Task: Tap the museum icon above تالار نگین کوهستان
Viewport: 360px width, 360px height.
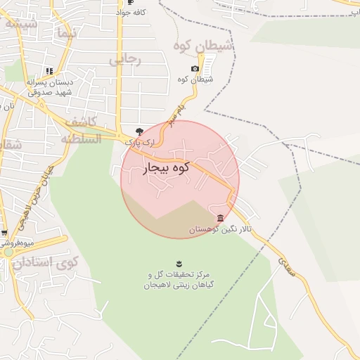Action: point(221,218)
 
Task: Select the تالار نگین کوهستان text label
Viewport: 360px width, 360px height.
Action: point(217,230)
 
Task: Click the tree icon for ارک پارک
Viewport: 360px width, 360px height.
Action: point(139,131)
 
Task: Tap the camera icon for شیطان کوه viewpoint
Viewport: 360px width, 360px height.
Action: point(195,69)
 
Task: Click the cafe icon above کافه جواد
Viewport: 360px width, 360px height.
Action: point(130,2)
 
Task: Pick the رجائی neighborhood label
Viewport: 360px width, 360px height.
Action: point(125,60)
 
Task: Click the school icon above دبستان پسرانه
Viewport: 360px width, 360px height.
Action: point(49,71)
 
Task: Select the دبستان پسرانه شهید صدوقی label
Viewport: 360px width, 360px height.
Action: point(51,86)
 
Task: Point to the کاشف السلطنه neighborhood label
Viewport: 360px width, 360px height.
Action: point(82,130)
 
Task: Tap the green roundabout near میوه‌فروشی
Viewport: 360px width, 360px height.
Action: point(8,251)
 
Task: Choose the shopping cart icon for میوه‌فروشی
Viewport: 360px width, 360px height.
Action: point(4,233)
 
